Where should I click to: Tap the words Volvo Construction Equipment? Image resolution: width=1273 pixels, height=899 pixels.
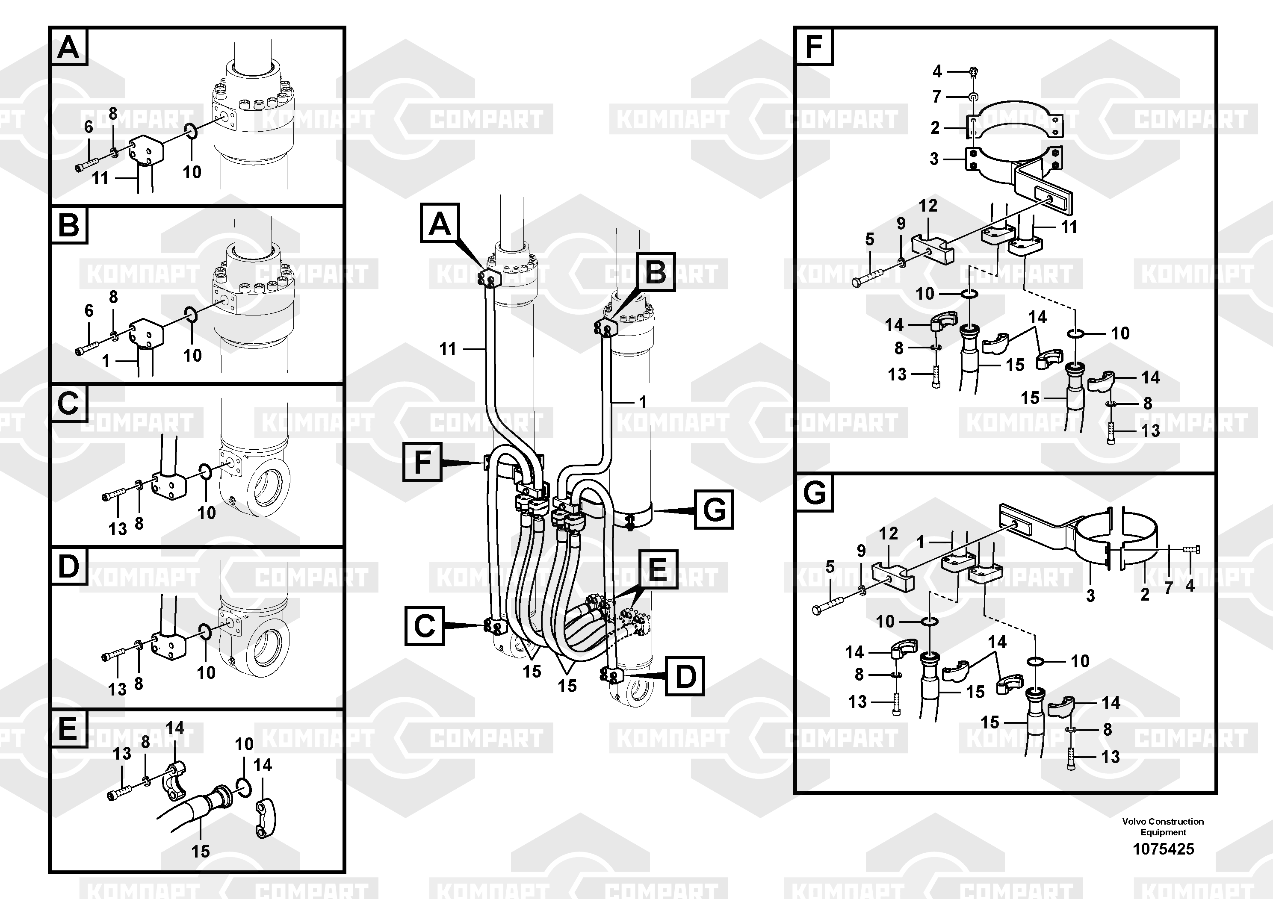pyautogui.click(x=1163, y=826)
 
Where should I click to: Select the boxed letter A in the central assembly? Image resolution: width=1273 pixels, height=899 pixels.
pyautogui.click(x=440, y=224)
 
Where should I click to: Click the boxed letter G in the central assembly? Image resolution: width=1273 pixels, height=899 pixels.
pyautogui.click(x=714, y=509)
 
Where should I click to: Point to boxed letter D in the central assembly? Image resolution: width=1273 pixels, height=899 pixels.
pyautogui.click(x=685, y=676)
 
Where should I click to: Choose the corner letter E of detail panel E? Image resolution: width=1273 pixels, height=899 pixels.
pyautogui.click(x=68, y=728)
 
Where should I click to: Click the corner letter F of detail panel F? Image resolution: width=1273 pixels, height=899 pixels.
pyautogui.click(x=814, y=47)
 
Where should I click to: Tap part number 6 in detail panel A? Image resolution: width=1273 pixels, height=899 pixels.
pyautogui.click(x=89, y=127)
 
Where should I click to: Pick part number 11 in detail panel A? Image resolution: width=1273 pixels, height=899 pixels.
pyautogui.click(x=100, y=178)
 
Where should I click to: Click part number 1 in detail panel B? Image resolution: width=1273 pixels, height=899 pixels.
pyautogui.click(x=106, y=361)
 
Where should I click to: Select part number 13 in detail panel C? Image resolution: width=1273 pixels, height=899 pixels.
pyautogui.click(x=118, y=529)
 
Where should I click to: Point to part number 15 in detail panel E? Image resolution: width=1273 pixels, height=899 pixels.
pyautogui.click(x=201, y=851)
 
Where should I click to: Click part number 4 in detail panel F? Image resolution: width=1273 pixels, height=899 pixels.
pyautogui.click(x=937, y=71)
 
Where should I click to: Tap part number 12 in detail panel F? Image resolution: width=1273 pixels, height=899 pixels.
pyautogui.click(x=927, y=206)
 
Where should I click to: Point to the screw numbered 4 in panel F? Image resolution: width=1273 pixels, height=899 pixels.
pyautogui.click(x=974, y=71)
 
